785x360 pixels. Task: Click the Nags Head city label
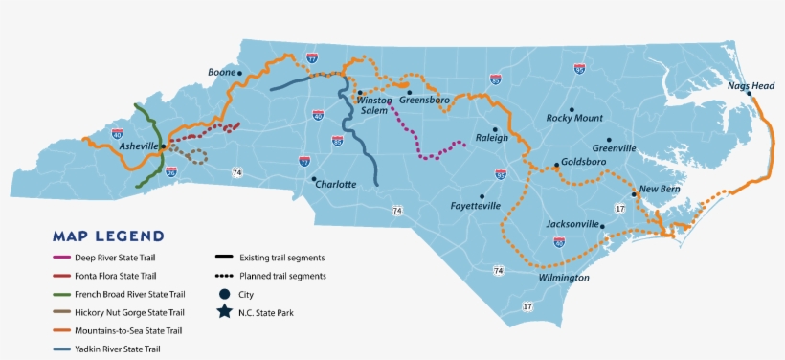pyautogui.click(x=750, y=85)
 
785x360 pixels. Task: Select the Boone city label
pyautogui.click(x=221, y=72)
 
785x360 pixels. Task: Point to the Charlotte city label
pyautogui.click(x=335, y=184)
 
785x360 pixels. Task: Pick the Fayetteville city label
pyautogui.click(x=476, y=206)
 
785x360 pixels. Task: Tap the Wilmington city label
pyautogui.click(x=563, y=278)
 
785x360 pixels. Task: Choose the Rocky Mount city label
pyautogui.click(x=574, y=118)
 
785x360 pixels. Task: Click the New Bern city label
pyautogui.click(x=659, y=189)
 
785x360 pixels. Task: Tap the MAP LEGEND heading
pyautogui.click(x=108, y=236)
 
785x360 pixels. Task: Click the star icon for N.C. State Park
pyautogui.click(x=223, y=312)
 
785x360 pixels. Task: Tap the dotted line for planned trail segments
pyautogui.click(x=226, y=276)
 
